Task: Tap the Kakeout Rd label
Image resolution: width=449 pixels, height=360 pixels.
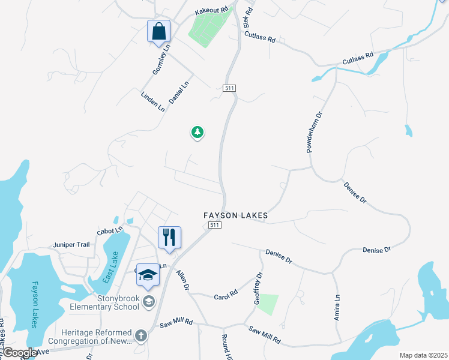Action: [x=212, y=10]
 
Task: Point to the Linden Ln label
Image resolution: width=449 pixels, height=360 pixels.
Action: [x=152, y=102]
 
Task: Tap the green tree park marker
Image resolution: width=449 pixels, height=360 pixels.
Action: [x=197, y=132]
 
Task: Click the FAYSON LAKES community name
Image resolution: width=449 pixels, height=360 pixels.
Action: [x=235, y=215]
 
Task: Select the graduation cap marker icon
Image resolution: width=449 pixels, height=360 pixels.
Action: [x=148, y=275]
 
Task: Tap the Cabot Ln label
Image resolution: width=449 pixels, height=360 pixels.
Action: [x=110, y=230]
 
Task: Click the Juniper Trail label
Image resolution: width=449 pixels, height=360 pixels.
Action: [x=71, y=244]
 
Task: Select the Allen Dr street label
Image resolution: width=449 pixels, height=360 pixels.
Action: [x=182, y=280]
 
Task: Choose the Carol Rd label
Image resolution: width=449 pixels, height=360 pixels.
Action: [x=226, y=295]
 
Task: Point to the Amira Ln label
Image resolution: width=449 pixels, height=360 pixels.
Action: [x=337, y=307]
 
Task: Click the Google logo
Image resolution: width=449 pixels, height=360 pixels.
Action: [x=19, y=353]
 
